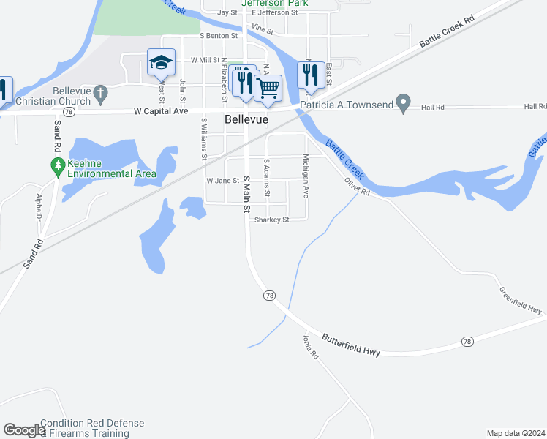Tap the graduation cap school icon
(x=161, y=63)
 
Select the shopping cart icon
(x=268, y=89)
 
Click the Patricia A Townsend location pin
(x=402, y=103)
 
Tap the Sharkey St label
(x=271, y=219)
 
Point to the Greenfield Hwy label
(x=521, y=300)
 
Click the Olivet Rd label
(x=357, y=184)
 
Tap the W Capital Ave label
(x=161, y=111)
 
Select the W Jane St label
(x=222, y=181)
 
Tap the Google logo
(x=24, y=430)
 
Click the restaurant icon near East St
(x=310, y=74)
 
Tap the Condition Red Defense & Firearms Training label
(x=92, y=428)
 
